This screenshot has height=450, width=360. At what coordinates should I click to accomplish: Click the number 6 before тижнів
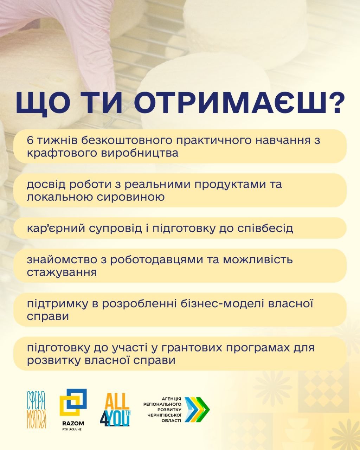[30, 140]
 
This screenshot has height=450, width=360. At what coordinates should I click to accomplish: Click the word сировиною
[130, 197]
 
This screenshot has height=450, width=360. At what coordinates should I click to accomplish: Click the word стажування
[62, 273]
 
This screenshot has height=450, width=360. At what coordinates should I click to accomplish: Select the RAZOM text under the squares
[73, 423]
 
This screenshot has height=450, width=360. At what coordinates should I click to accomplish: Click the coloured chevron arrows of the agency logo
[197, 410]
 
